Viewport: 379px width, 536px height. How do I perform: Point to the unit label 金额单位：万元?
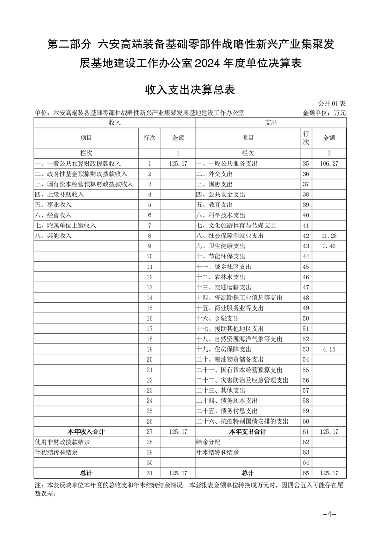324,113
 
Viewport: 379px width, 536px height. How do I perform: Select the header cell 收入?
114,123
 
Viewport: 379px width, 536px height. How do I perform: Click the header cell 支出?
271,123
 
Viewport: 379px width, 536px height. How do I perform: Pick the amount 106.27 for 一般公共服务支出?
330,163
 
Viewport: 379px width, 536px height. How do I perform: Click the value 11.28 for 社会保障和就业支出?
330,236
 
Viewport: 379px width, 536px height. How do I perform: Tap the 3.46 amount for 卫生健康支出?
330,246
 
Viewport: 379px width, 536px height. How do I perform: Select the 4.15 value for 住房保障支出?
330,349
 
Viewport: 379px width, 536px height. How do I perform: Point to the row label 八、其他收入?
53,236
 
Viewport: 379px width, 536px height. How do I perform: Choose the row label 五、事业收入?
53,204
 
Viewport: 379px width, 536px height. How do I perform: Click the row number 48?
306,298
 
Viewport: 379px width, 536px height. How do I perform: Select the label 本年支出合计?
248,431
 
